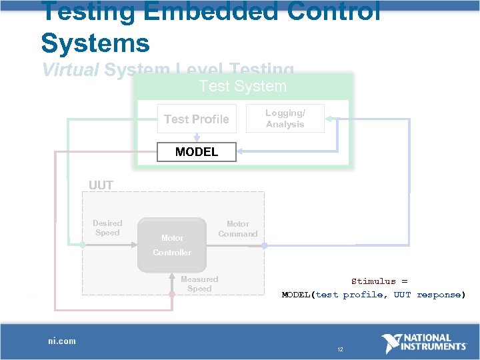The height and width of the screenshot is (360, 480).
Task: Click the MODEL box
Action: pos(196,152)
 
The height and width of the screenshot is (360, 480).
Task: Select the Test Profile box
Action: pos(196,119)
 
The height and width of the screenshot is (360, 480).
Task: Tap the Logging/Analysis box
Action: pos(285,119)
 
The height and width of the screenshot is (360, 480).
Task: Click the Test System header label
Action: pos(243,86)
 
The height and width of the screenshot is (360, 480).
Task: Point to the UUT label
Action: pos(101,185)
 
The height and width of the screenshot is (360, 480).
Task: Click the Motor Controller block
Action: pos(172,245)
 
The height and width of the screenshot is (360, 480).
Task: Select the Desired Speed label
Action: pos(107,228)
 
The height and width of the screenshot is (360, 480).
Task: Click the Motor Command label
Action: pos(237,229)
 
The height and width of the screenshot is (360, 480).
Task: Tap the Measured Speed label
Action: pos(199,284)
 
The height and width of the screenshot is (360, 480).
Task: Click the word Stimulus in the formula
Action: pos(373,281)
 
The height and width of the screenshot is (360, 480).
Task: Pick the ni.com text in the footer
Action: pos(61,341)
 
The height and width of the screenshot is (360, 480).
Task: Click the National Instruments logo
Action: pos(424,343)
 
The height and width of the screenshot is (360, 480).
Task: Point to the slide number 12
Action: pos(340,349)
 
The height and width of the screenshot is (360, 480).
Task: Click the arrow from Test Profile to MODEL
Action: pos(197,137)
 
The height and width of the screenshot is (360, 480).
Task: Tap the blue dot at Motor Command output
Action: pos(264,245)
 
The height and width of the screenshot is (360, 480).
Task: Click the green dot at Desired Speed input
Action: pos(82,245)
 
